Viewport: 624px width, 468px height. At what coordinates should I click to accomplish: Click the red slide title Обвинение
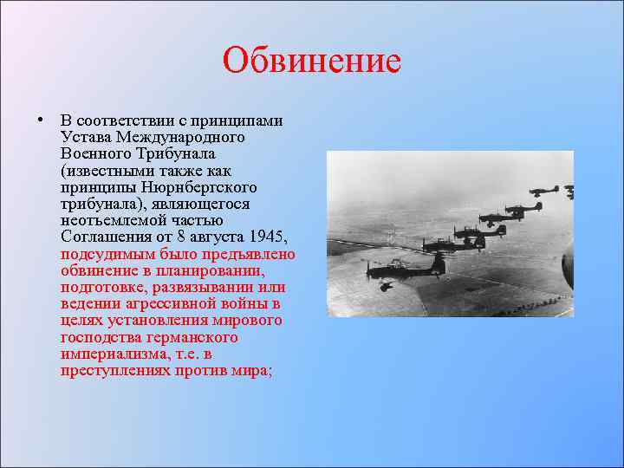pos(311,61)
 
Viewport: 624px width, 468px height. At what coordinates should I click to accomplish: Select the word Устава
pos(85,138)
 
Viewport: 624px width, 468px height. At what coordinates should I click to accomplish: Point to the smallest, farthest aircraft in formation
pos(569,190)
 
